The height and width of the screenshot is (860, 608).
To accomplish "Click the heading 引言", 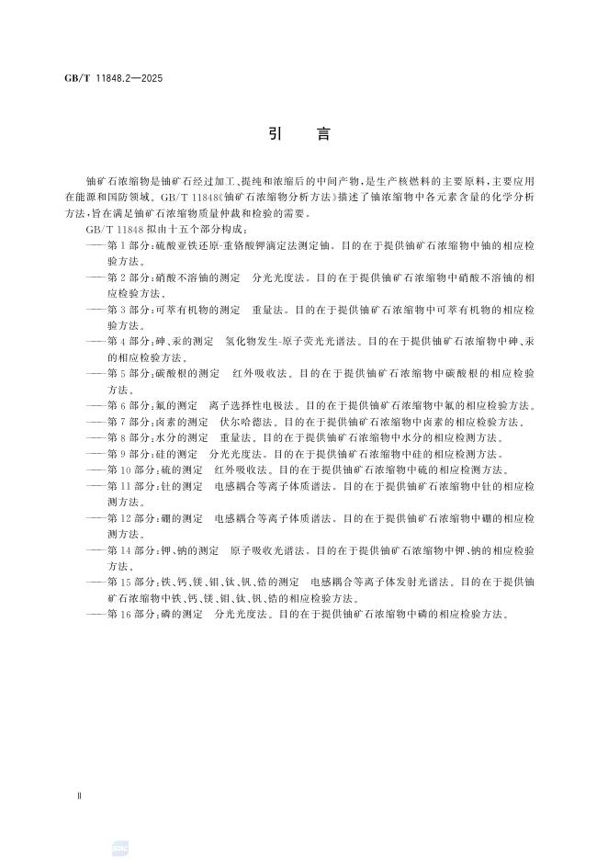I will click(303, 134).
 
